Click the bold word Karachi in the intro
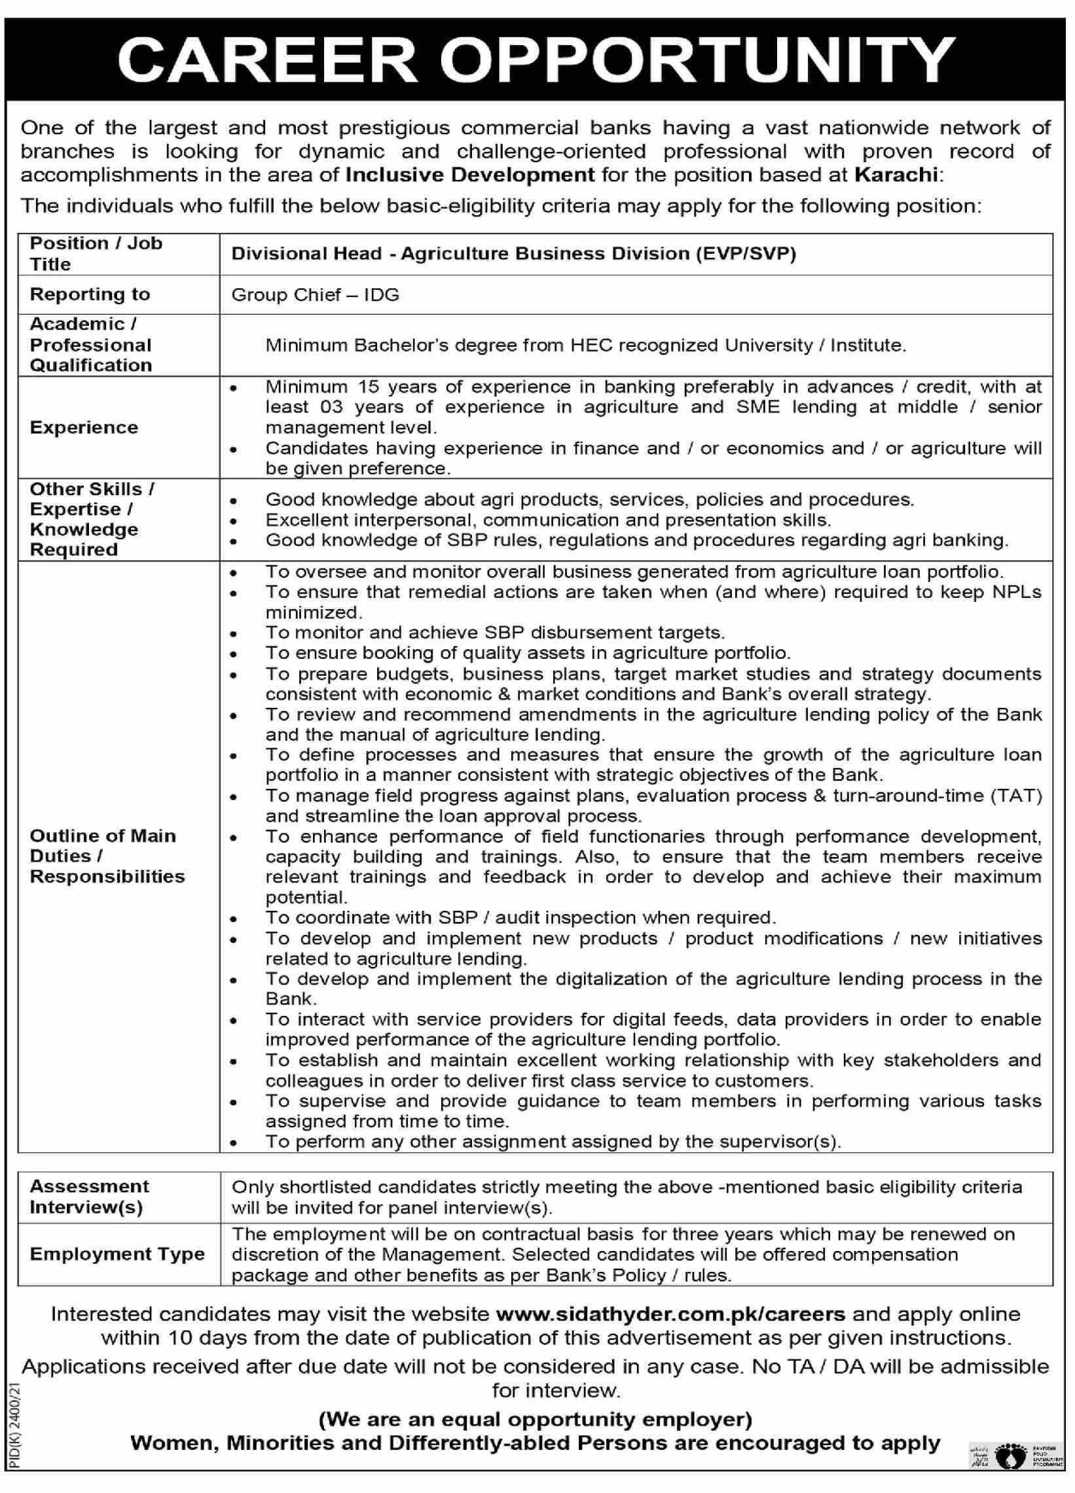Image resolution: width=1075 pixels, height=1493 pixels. (896, 175)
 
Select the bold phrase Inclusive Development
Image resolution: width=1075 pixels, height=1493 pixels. (470, 175)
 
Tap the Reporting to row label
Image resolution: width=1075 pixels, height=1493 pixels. (90, 294)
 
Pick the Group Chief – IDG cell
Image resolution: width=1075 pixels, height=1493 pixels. (315, 294)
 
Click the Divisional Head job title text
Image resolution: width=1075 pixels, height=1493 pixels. (513, 254)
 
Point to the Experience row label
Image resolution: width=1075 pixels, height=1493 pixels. (84, 427)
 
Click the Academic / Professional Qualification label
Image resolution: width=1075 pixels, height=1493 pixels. (90, 344)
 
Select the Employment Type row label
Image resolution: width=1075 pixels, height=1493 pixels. (117, 1254)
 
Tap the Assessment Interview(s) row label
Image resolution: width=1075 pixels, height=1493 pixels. (89, 1196)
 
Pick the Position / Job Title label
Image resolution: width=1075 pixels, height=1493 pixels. (96, 253)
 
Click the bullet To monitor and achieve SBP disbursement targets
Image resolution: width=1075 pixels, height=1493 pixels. (495, 633)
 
